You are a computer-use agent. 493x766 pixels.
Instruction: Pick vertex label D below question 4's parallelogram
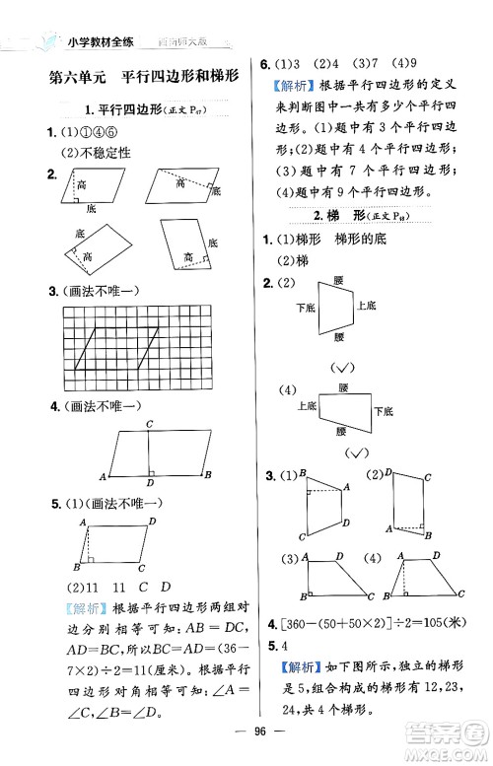(148, 484)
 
